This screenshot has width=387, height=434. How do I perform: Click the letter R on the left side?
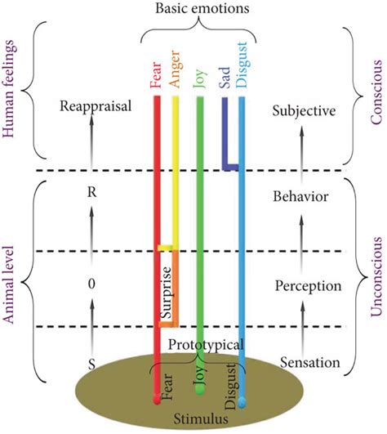(x=91, y=195)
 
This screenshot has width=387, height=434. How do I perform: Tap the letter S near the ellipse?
(x=91, y=366)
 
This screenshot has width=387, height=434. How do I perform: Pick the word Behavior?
(x=301, y=197)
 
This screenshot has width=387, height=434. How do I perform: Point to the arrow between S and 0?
(x=91, y=327)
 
